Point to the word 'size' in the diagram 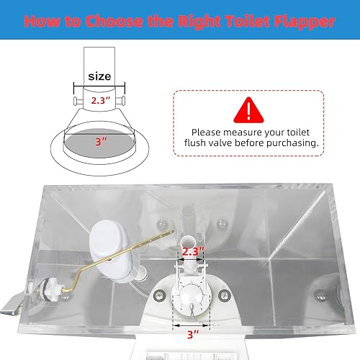(99, 76)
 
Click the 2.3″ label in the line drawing (100, 101)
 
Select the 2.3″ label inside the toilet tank (192, 251)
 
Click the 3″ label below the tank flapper (192, 336)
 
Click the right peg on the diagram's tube (127, 102)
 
